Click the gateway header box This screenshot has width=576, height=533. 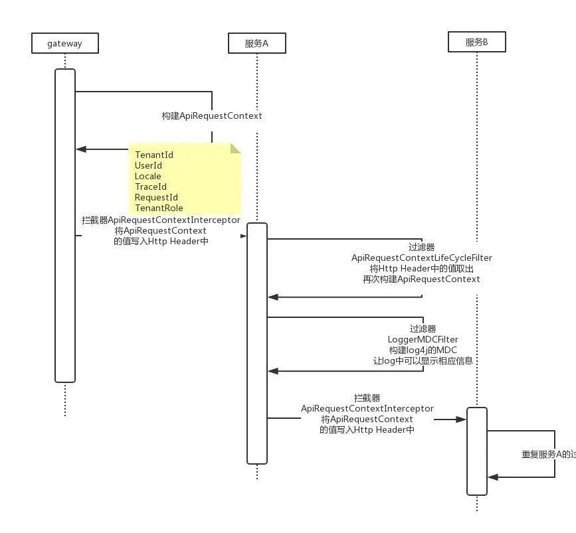64,44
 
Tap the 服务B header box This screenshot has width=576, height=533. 476,42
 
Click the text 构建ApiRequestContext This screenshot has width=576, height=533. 212,115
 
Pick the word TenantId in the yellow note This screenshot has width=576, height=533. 154,155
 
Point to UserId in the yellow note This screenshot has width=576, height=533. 148,165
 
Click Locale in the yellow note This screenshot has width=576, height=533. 147,176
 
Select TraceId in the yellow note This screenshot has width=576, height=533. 151,187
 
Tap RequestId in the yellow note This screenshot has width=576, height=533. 156,197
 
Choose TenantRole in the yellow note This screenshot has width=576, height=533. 159,208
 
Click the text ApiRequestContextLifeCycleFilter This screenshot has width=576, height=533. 422,258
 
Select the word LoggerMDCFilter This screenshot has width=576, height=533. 423,339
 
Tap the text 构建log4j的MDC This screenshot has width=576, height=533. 423,350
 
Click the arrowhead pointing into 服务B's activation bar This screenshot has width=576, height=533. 462,419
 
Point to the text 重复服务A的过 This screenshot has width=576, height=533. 548,454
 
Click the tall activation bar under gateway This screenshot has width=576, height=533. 64,226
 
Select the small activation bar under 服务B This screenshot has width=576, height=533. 476,451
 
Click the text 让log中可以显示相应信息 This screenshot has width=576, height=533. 423,360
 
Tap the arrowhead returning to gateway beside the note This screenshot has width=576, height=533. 80,149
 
